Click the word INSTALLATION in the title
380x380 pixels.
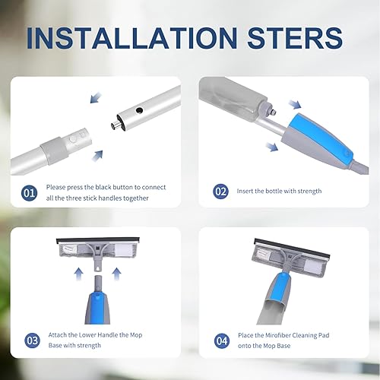132,38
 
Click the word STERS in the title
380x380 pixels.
295,38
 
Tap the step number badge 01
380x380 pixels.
29,193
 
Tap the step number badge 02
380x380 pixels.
220,192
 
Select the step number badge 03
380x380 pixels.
32,340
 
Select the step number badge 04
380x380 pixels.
222,341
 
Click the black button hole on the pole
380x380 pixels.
139,110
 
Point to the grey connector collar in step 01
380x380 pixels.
55,150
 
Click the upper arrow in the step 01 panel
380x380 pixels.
96,98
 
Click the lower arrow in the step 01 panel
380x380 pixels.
97,156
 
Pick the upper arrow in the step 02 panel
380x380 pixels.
295,104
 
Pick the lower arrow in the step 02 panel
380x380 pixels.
272,147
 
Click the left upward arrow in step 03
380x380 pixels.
79,274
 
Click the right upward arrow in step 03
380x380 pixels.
116,274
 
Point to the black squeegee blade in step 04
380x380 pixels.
292,248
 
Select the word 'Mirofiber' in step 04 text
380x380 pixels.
278,335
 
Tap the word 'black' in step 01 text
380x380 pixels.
103,187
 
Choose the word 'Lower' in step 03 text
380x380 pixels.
87,335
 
